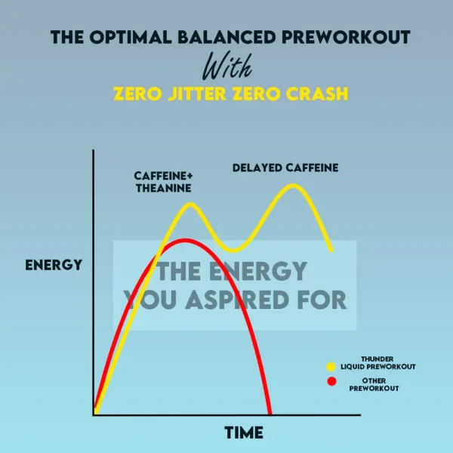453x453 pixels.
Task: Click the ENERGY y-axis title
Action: (x=53, y=265)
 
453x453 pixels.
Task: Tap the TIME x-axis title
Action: (x=244, y=433)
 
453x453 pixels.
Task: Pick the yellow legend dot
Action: (x=331, y=366)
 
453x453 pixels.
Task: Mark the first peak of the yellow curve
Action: (x=190, y=205)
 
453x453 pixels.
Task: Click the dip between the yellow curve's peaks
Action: (x=234, y=249)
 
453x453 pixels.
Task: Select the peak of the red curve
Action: (x=184, y=242)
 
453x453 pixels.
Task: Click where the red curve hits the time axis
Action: (x=269, y=413)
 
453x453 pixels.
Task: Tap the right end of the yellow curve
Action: (x=331, y=249)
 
